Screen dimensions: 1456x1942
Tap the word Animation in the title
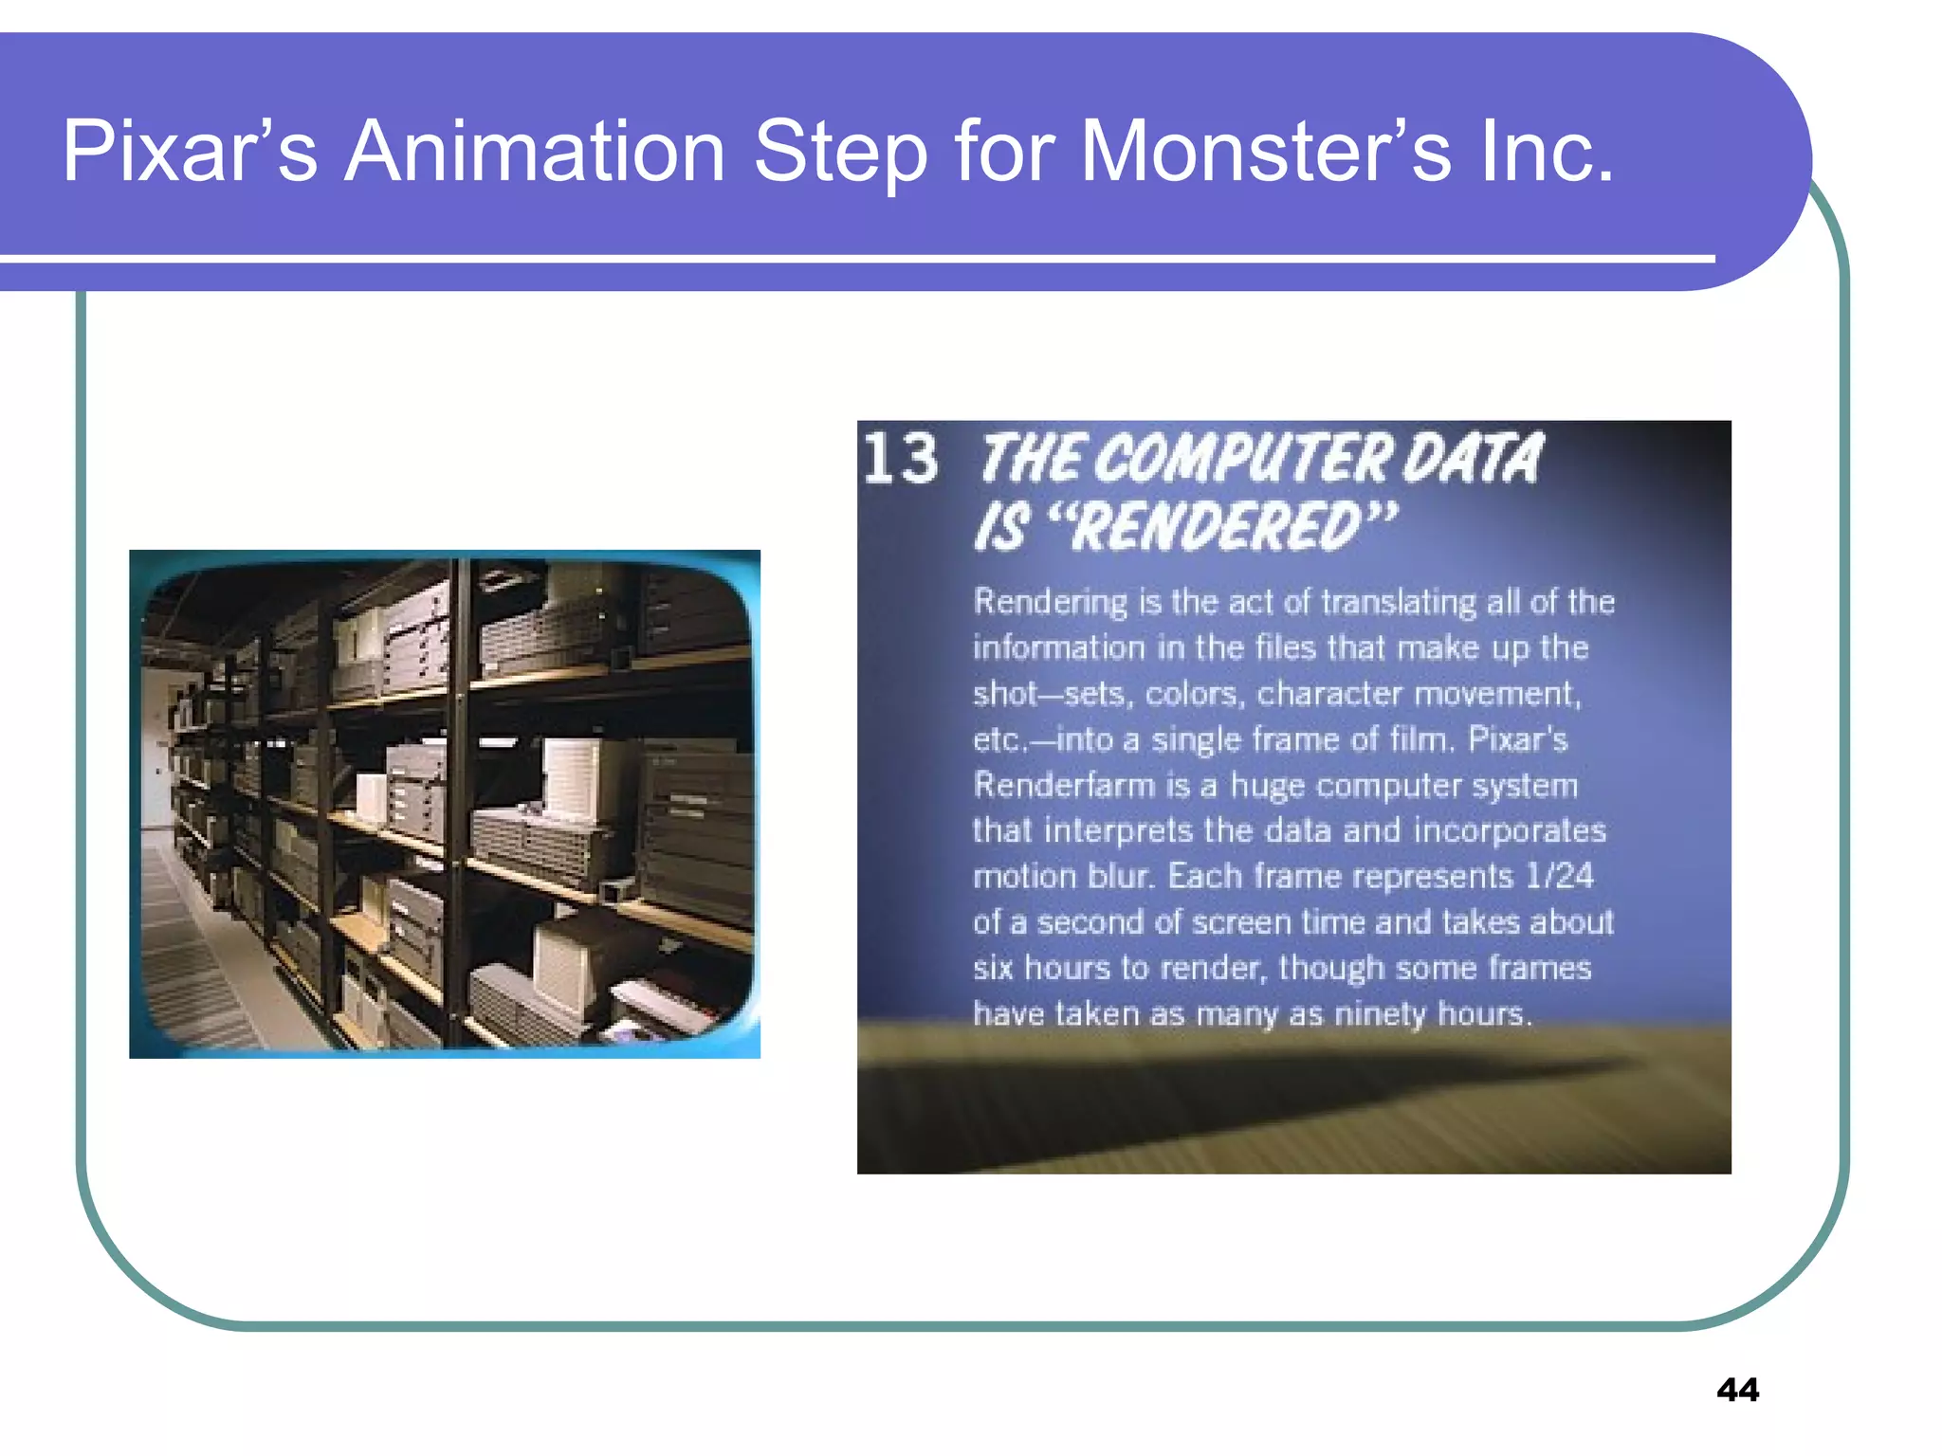(534, 152)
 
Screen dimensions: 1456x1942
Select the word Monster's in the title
(1266, 152)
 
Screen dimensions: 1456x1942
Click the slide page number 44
(1737, 1390)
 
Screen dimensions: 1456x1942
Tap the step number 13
(900, 459)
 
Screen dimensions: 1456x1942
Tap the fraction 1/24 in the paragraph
(1559, 876)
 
